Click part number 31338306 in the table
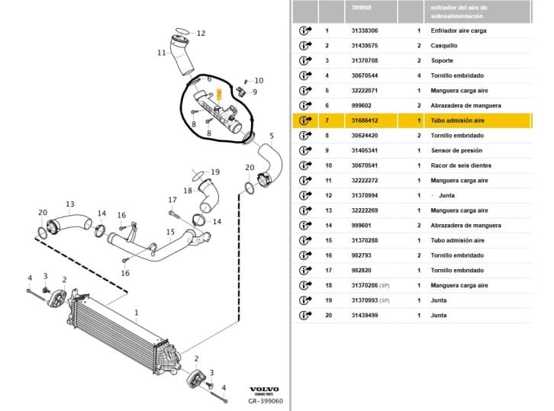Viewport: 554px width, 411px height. click(x=364, y=31)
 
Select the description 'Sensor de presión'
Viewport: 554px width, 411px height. click(x=456, y=150)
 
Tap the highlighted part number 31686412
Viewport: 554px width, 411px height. click(x=364, y=120)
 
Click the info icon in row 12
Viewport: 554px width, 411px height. click(x=305, y=195)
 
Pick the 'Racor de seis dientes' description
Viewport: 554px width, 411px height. click(x=461, y=165)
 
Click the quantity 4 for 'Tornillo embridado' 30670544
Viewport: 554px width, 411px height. click(x=419, y=75)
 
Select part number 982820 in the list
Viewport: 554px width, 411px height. click(x=361, y=271)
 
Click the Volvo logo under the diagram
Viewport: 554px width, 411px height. click(x=264, y=390)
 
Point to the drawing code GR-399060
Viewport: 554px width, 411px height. click(x=266, y=401)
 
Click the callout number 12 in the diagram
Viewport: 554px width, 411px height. click(x=201, y=34)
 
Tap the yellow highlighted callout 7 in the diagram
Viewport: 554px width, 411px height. click(x=219, y=95)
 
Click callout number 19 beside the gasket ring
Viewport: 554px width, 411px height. click(x=215, y=172)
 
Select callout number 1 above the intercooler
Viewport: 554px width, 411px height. click(x=137, y=313)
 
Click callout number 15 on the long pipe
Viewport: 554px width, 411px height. click(x=170, y=232)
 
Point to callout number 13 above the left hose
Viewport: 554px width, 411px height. click(x=70, y=204)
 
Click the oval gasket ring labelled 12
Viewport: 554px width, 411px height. click(x=182, y=31)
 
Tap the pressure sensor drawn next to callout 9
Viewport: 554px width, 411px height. click(x=241, y=91)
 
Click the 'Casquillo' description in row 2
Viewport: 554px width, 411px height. click(x=444, y=46)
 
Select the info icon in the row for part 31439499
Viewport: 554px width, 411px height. click(x=305, y=316)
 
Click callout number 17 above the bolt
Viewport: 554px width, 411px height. click(x=172, y=200)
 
